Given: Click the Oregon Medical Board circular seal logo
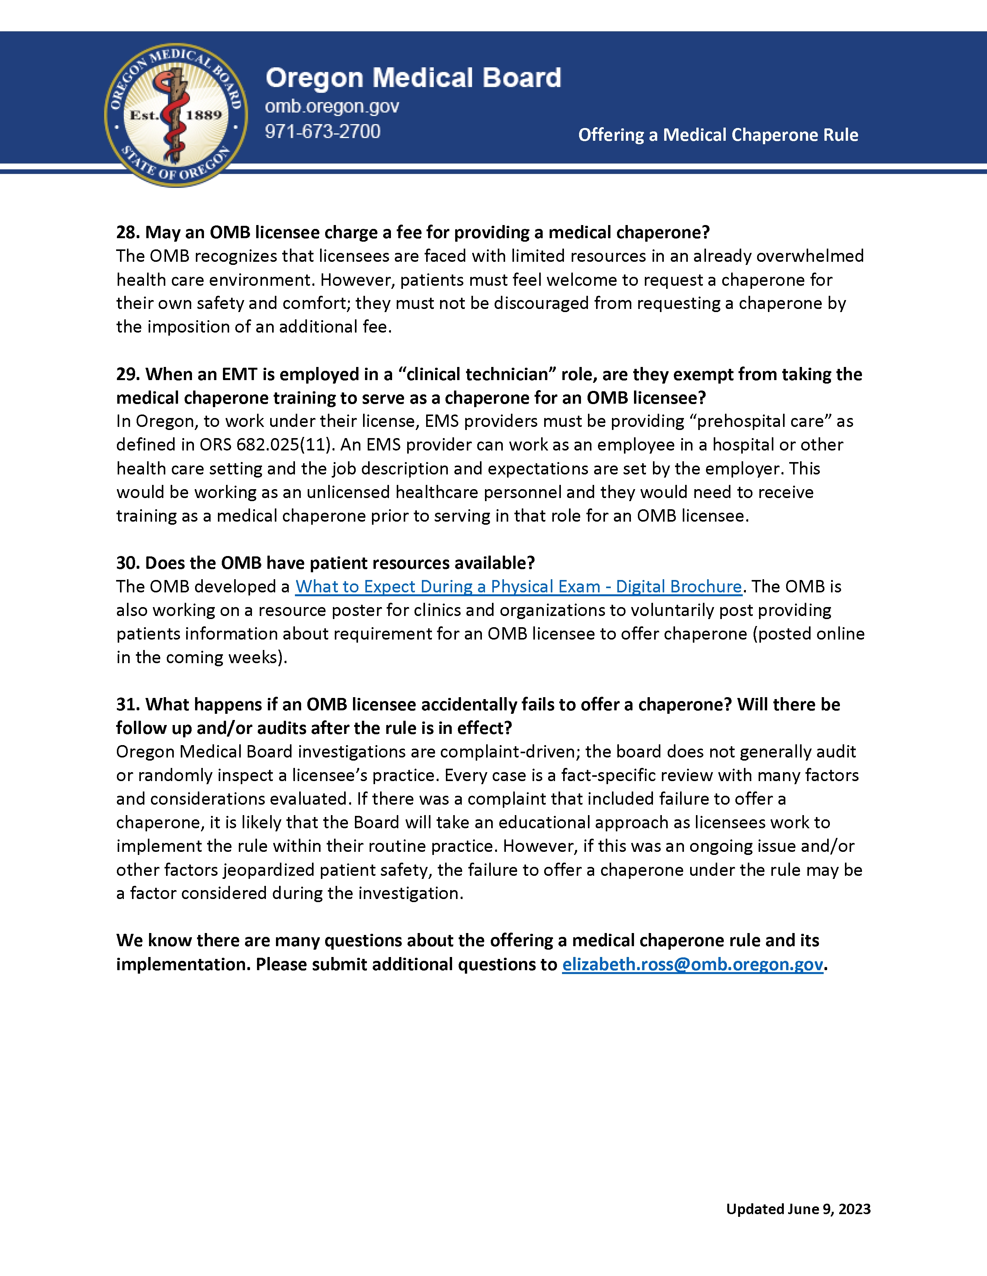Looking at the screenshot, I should coord(175,115).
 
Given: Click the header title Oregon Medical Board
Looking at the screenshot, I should coord(413,78).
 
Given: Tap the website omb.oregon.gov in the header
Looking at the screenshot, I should coord(332,106).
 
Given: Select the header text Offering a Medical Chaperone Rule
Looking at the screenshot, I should coord(718,135).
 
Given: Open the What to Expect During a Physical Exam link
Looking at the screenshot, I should coord(518,587).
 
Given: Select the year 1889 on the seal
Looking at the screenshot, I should coord(204,115).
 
